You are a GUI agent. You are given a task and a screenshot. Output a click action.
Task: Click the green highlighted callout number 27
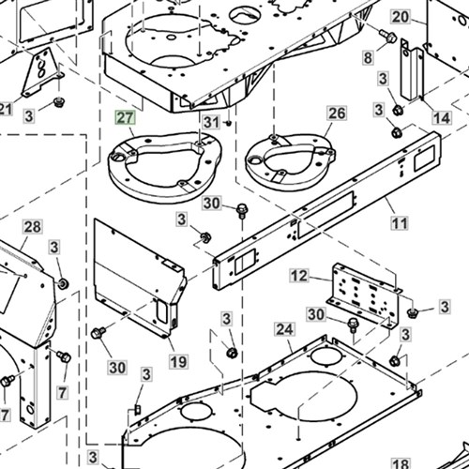126,118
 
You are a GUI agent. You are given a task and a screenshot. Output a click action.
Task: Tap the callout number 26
337,113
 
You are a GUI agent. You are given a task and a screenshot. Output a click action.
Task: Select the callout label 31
212,122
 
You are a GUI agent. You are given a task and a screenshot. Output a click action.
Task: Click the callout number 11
400,223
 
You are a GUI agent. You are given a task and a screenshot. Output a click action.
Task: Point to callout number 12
299,276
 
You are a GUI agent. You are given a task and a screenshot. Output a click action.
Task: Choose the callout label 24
284,329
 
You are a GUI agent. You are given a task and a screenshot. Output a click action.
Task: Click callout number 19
178,362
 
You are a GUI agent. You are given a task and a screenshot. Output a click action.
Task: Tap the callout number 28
33,227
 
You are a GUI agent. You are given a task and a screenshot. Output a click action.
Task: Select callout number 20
401,17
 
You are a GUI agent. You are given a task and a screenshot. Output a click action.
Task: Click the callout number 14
442,118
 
